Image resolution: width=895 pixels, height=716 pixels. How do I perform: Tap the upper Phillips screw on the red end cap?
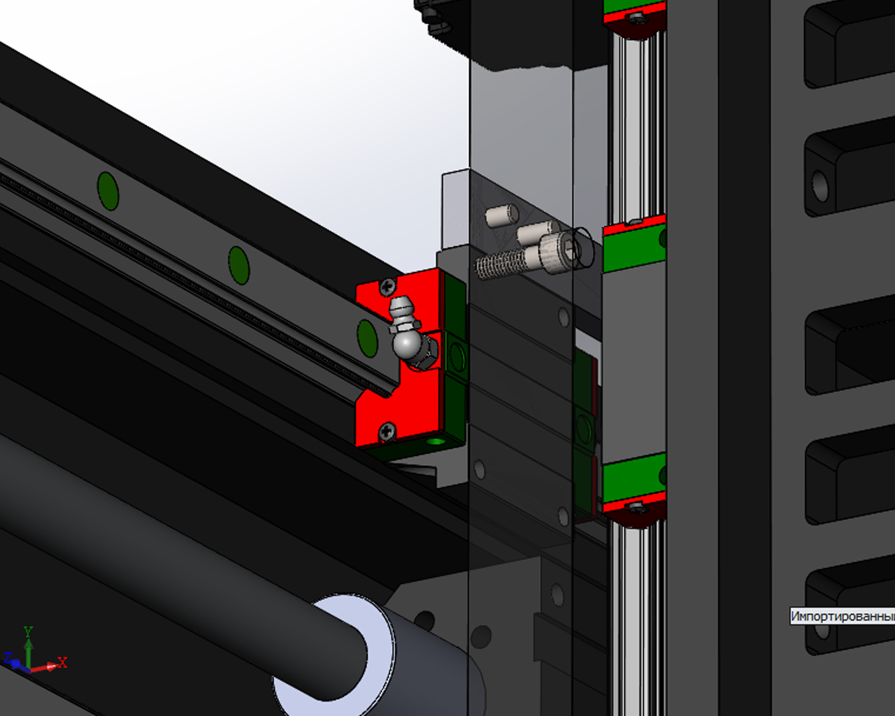coord(388,287)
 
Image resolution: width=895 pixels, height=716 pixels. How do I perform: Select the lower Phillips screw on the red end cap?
coord(387,431)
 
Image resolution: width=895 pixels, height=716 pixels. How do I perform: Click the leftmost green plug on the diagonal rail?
coord(108,191)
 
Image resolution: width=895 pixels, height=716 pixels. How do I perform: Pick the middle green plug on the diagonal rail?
coord(239,266)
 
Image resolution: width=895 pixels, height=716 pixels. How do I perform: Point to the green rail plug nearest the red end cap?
coord(368,338)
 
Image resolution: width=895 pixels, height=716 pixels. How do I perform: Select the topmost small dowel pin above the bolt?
coord(502,215)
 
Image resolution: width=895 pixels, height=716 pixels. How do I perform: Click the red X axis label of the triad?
coord(63,662)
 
